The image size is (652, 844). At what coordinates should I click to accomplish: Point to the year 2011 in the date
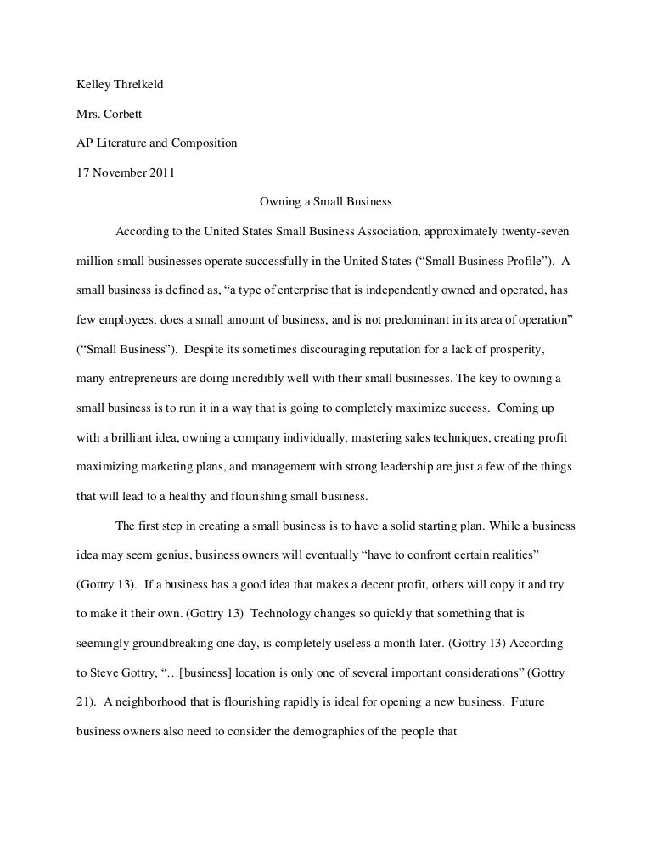point(160,172)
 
